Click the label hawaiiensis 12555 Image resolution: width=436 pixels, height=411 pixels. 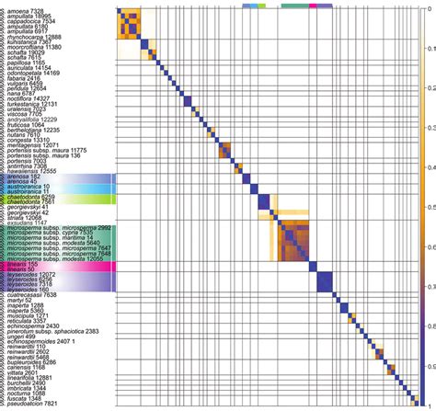point(31,171)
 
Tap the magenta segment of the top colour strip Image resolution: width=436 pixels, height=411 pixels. point(313,5)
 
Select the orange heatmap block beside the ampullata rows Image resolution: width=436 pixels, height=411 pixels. point(130,22)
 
